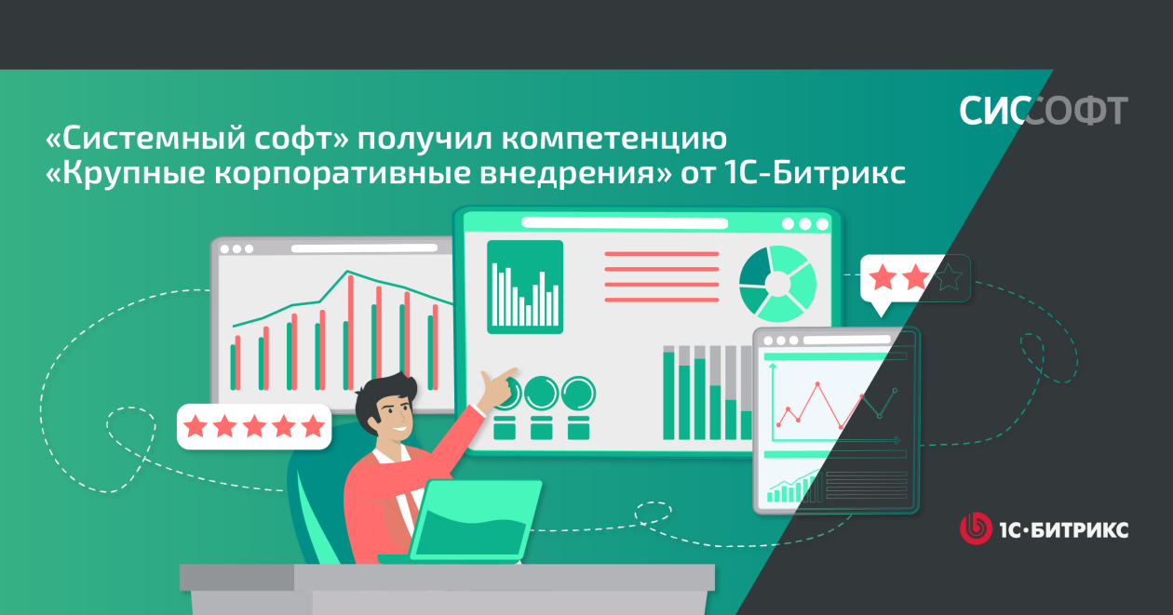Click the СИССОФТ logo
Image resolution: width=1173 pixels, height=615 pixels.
point(1043,111)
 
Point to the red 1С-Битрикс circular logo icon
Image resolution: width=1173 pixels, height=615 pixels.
point(976,528)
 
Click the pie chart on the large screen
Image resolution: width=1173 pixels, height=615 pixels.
point(777,284)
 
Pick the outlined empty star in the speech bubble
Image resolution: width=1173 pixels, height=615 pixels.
point(949,277)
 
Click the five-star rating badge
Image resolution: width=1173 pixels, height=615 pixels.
point(254,426)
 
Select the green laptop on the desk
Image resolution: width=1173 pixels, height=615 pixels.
point(474,521)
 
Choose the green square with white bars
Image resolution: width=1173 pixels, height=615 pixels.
point(525,287)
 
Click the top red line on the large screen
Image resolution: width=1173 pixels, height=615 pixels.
point(661,254)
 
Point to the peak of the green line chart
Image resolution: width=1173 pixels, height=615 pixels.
point(346,271)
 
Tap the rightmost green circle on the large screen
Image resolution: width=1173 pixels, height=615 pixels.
point(578,393)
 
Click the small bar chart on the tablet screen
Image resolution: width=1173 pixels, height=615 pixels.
point(793,488)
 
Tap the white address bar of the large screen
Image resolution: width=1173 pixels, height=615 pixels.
point(625,223)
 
